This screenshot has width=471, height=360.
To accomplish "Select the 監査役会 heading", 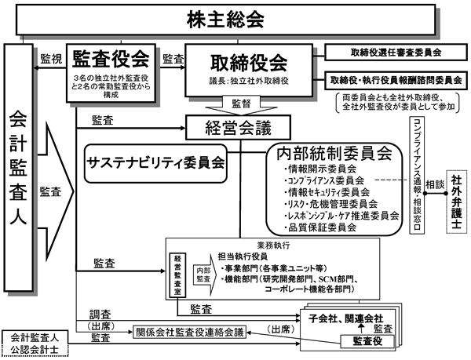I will [x=110, y=57].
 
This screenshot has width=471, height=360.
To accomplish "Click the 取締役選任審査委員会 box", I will [x=396, y=53].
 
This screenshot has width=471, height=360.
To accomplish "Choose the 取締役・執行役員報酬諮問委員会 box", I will [x=396, y=81].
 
